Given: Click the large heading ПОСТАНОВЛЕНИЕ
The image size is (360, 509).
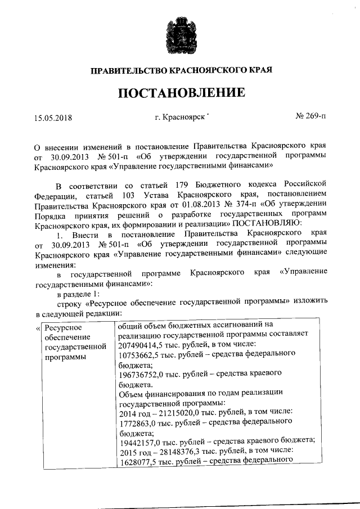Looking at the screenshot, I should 181,92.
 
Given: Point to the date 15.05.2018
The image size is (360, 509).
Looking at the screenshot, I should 53,118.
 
